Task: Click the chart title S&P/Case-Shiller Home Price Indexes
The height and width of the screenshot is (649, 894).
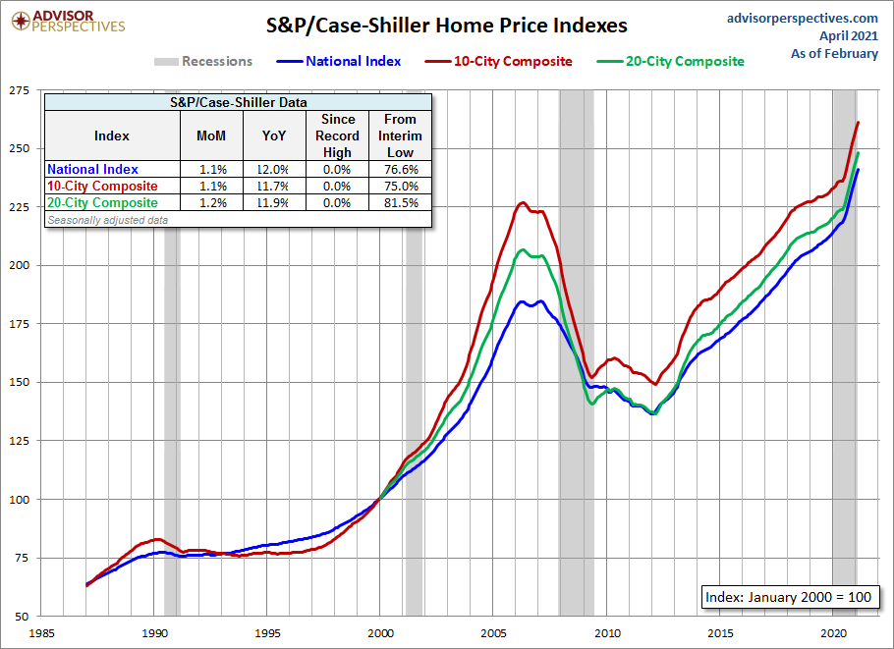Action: pos(446,26)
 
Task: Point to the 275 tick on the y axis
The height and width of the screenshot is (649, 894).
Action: pos(18,90)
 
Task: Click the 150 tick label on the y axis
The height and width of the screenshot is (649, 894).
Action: pos(18,382)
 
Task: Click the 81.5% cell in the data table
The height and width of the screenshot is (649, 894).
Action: pos(401,203)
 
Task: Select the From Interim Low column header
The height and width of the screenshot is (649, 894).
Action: pos(401,135)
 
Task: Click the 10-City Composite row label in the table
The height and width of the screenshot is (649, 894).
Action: pos(102,187)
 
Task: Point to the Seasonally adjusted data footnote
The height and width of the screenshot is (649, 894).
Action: pos(107,220)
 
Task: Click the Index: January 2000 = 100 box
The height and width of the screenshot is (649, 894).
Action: pos(786,597)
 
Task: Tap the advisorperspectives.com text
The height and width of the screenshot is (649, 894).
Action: pos(802,18)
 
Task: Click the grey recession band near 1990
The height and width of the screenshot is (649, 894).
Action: pos(171,393)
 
